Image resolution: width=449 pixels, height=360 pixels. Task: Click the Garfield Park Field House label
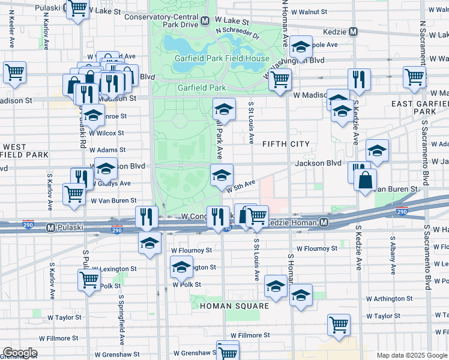[x=222, y=59]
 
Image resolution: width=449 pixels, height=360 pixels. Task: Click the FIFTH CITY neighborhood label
[x=286, y=144]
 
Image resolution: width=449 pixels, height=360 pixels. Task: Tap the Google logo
[x=19, y=353]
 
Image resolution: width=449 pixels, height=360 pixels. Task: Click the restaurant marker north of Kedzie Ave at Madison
[x=358, y=79]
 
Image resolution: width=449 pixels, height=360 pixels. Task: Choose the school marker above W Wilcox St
[x=93, y=114]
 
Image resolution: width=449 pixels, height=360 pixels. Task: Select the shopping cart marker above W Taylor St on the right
[x=339, y=324]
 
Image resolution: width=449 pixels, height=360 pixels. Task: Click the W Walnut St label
[x=309, y=11]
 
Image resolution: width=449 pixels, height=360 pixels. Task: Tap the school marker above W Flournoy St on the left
[x=149, y=243]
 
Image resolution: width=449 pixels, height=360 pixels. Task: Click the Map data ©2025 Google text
[x=412, y=355]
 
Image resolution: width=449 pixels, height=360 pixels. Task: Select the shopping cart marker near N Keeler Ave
[x=14, y=73]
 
